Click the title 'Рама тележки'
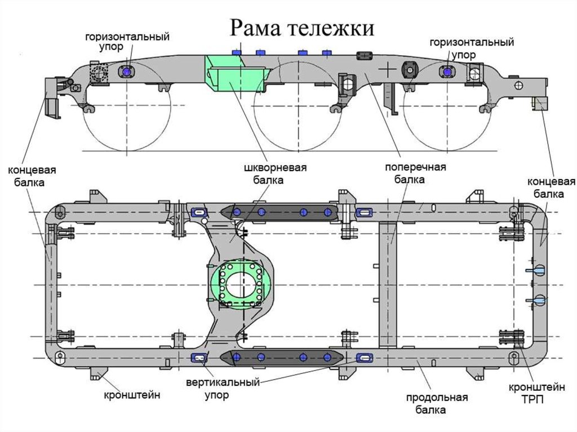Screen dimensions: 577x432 coord(302,28)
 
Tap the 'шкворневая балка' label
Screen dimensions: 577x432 coord(275,173)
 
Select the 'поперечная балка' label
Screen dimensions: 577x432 coord(415,173)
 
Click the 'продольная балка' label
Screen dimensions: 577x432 coord(437,404)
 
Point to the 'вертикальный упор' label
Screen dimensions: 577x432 coord(223,388)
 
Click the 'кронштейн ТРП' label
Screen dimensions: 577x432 coord(537,393)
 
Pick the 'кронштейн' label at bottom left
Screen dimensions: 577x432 coord(132,395)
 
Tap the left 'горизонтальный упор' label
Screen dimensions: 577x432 coord(127,42)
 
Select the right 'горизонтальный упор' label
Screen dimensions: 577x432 coord(472,48)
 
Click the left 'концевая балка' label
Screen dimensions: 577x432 coord(32,176)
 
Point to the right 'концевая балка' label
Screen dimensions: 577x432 coord(551,188)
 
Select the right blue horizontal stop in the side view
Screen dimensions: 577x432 coord(447,71)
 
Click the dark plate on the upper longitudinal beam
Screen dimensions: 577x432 coord(279,212)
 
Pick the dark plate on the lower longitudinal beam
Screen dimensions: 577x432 coord(282,357)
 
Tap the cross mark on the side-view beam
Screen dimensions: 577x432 coord(389,69)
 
